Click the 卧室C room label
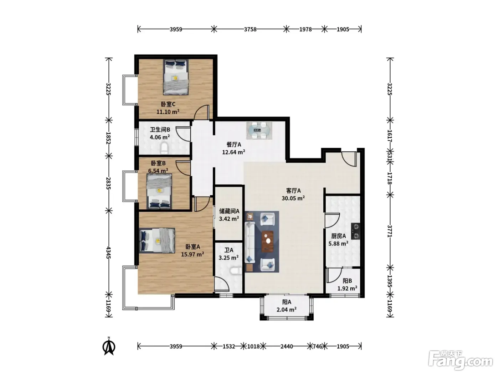(168, 104)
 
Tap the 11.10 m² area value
(168, 112)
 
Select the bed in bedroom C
(176, 77)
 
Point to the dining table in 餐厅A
(259, 130)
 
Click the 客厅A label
(293, 191)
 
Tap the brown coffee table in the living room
(268, 241)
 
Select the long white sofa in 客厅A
(249, 246)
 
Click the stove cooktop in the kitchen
(356, 231)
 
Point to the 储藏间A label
(229, 211)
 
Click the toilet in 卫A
(236, 271)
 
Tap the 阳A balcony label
(287, 302)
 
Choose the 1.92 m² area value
(347, 289)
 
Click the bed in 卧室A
(157, 240)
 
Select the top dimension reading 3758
(250, 29)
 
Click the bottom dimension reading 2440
(287, 346)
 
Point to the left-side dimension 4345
(108, 252)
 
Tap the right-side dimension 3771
(390, 231)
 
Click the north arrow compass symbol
(109, 346)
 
